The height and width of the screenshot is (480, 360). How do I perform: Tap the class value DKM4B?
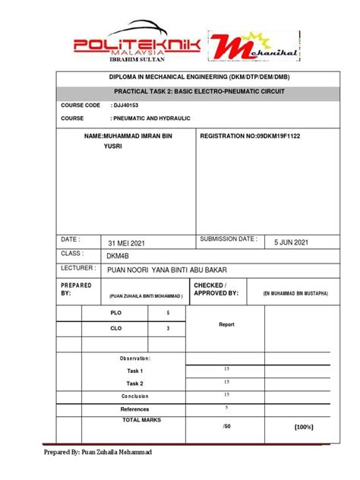point(119,256)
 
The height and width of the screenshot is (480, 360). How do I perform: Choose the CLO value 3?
point(168,329)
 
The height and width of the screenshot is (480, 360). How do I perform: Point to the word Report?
point(226,324)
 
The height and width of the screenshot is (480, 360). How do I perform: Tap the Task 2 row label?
point(135,384)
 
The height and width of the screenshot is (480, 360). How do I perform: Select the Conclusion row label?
point(135,396)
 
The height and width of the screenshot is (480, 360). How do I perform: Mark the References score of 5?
point(226,407)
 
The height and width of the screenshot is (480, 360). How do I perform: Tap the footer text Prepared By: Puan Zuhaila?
point(97,453)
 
